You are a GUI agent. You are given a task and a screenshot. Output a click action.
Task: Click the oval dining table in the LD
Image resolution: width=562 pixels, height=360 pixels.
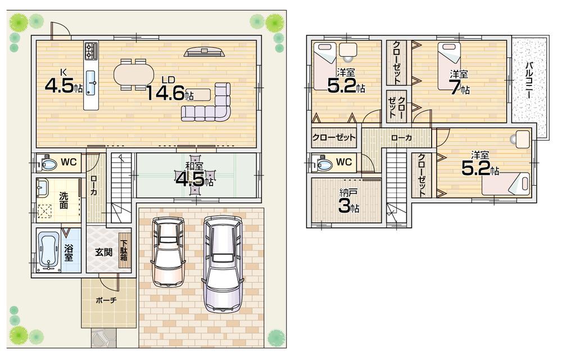[133, 74]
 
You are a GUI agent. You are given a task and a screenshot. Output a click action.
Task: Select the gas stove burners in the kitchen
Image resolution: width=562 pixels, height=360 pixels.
[91, 51]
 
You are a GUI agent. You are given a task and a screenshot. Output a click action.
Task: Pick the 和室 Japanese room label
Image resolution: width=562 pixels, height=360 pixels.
[195, 165]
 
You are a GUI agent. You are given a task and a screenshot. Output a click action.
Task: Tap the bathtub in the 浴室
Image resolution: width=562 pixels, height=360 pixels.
[48, 249]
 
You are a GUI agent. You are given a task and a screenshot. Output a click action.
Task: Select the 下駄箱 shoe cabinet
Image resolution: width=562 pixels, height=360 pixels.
[124, 250]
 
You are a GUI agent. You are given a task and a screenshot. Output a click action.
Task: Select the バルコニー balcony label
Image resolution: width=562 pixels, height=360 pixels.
[529, 80]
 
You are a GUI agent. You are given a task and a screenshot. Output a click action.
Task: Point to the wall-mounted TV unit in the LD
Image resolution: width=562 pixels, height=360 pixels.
[204, 52]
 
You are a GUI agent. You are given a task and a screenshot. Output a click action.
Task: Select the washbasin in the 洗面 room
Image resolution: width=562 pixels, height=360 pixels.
[42, 188]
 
